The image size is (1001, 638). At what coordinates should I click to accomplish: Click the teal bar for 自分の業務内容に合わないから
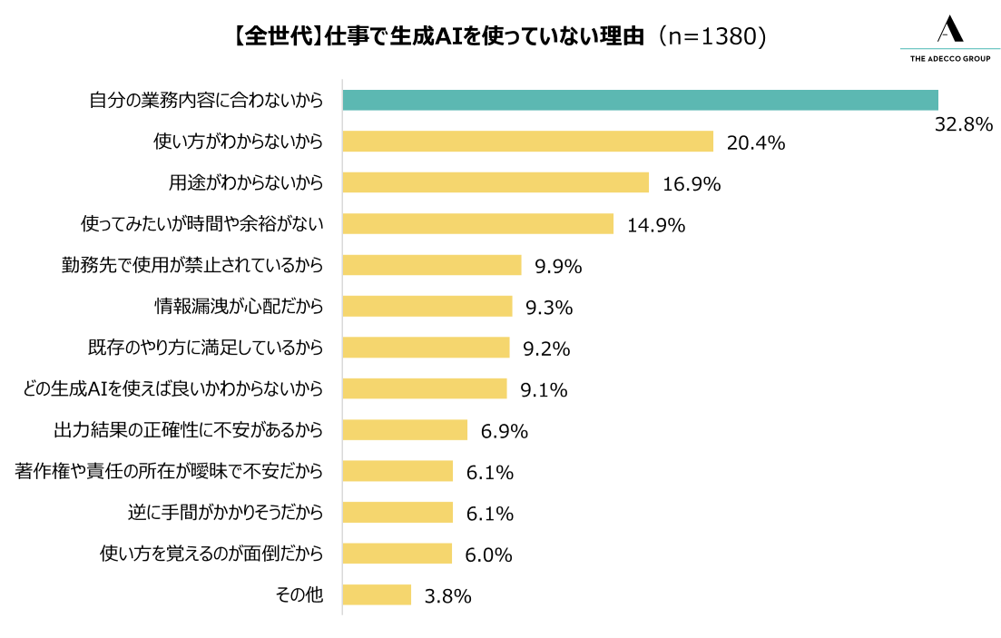640,100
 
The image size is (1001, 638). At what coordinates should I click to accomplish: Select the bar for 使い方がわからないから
527,142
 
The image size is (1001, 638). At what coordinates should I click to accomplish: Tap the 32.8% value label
964,124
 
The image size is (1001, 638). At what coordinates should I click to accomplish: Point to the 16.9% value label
692,184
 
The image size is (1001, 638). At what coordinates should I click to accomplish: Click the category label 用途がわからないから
246,182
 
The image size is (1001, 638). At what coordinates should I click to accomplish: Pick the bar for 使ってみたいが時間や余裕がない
477,223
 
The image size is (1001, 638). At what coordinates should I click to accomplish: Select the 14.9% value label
655,226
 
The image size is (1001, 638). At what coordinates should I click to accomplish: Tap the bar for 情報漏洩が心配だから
427,306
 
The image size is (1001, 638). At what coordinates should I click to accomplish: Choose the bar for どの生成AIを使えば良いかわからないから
425,388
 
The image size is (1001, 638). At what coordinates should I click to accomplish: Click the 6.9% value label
505,431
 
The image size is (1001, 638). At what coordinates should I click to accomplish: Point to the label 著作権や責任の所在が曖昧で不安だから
169,471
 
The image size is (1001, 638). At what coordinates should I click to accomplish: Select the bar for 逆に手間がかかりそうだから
397,513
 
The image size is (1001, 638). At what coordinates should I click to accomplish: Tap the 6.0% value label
489,555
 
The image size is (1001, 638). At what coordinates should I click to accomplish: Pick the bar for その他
377,594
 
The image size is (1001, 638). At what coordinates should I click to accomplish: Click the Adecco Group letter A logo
949,29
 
